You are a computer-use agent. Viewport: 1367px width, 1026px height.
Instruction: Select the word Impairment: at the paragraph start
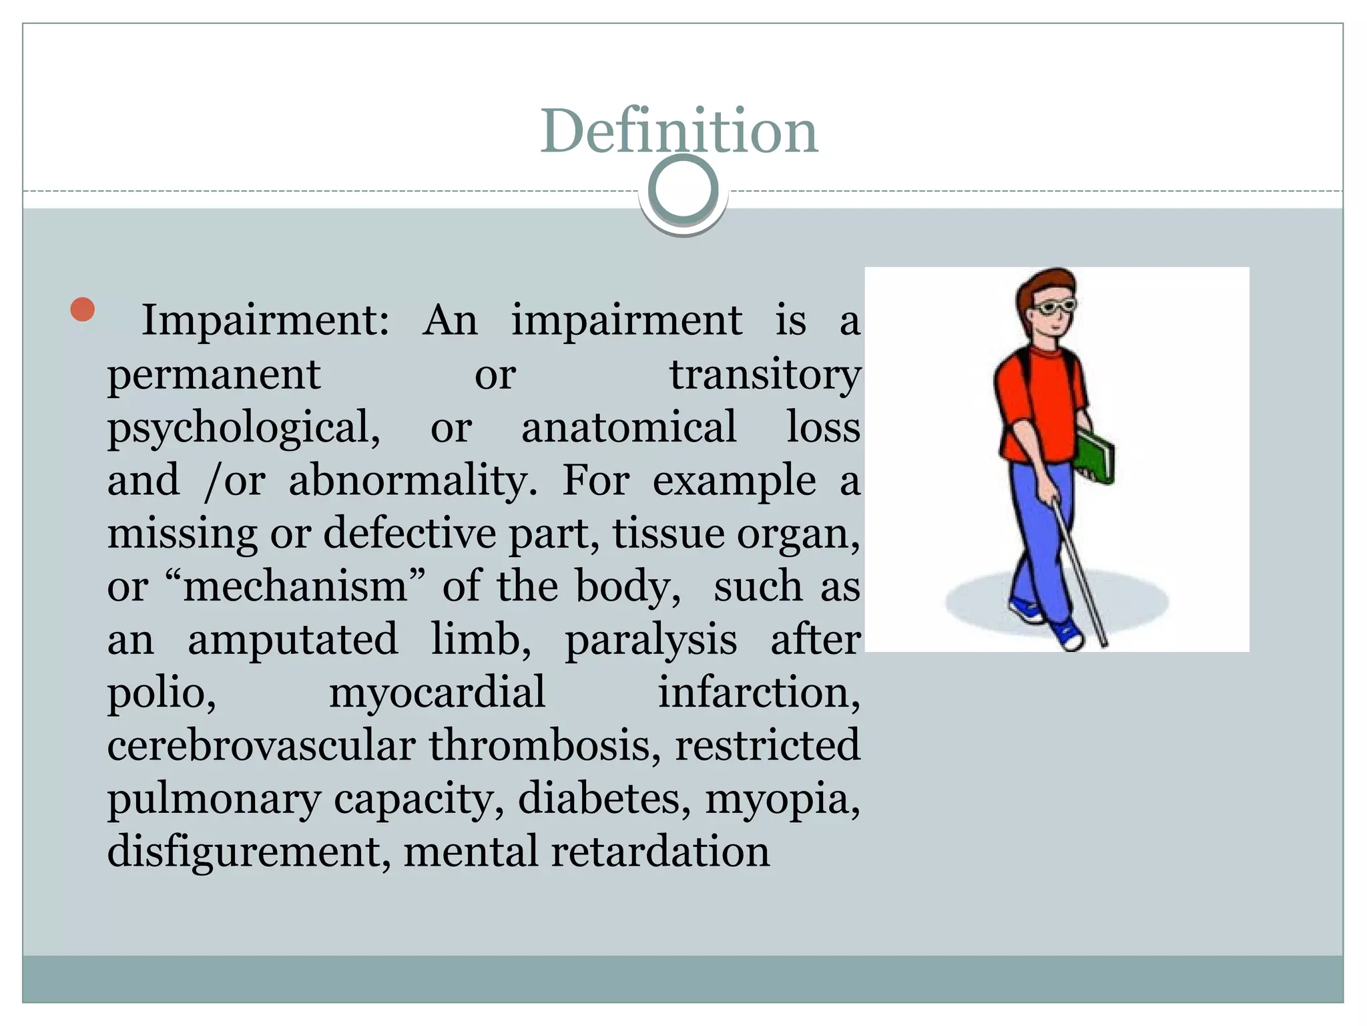tap(265, 320)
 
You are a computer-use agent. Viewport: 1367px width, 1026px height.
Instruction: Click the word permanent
tap(214, 374)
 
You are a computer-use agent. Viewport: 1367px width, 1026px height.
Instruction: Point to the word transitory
tap(765, 374)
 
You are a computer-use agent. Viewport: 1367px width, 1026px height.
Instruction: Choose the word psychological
tap(244, 427)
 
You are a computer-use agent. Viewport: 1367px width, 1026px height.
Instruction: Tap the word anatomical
tap(629, 427)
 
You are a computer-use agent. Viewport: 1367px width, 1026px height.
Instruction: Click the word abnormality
tap(413, 480)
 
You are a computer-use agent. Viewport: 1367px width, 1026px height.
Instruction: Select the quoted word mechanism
tap(295, 586)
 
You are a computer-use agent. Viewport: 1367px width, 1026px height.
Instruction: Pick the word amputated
tap(292, 639)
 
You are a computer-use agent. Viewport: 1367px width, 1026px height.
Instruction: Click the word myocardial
tap(437, 692)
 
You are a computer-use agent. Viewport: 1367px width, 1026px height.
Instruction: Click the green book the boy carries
tap(1095, 456)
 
